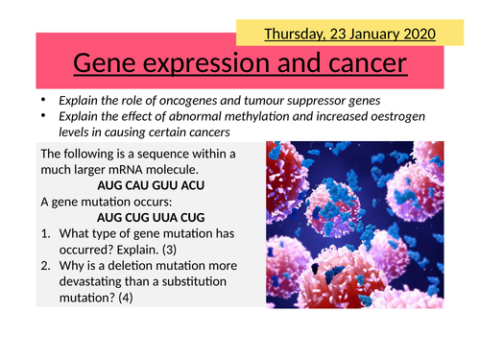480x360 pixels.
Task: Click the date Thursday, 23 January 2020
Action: pos(349,34)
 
